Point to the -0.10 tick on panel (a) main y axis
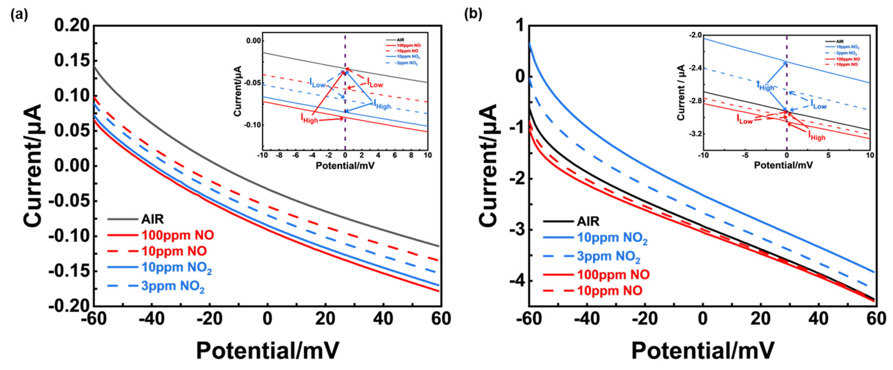pyautogui.click(x=69, y=236)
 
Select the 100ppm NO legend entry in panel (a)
pyautogui.click(x=177, y=235)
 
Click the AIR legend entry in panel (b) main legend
pyautogui.click(x=588, y=221)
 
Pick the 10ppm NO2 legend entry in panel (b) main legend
pyautogui.click(x=612, y=238)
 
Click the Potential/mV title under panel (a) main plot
pyautogui.click(x=268, y=351)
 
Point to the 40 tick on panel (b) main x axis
pyautogui.click(x=819, y=319)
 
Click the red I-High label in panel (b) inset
pyautogui.click(x=817, y=136)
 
